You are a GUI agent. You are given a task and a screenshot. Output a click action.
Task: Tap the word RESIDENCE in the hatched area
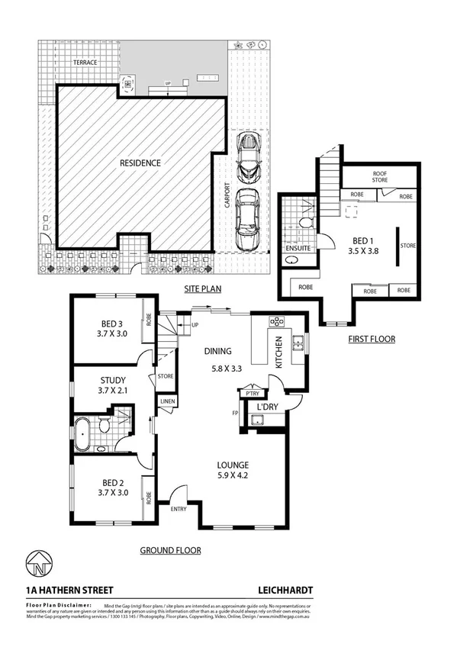coord(140,163)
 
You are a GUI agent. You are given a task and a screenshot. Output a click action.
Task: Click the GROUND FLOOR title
coord(170,549)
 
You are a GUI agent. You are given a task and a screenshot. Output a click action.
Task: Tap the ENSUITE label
coord(298,248)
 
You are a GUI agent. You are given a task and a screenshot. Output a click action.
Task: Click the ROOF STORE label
coord(380,177)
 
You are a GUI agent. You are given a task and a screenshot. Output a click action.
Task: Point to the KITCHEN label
coord(278,352)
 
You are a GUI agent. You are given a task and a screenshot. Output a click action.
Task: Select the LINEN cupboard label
coord(166,401)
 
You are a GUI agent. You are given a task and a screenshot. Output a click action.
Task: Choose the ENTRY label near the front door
coord(179,510)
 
